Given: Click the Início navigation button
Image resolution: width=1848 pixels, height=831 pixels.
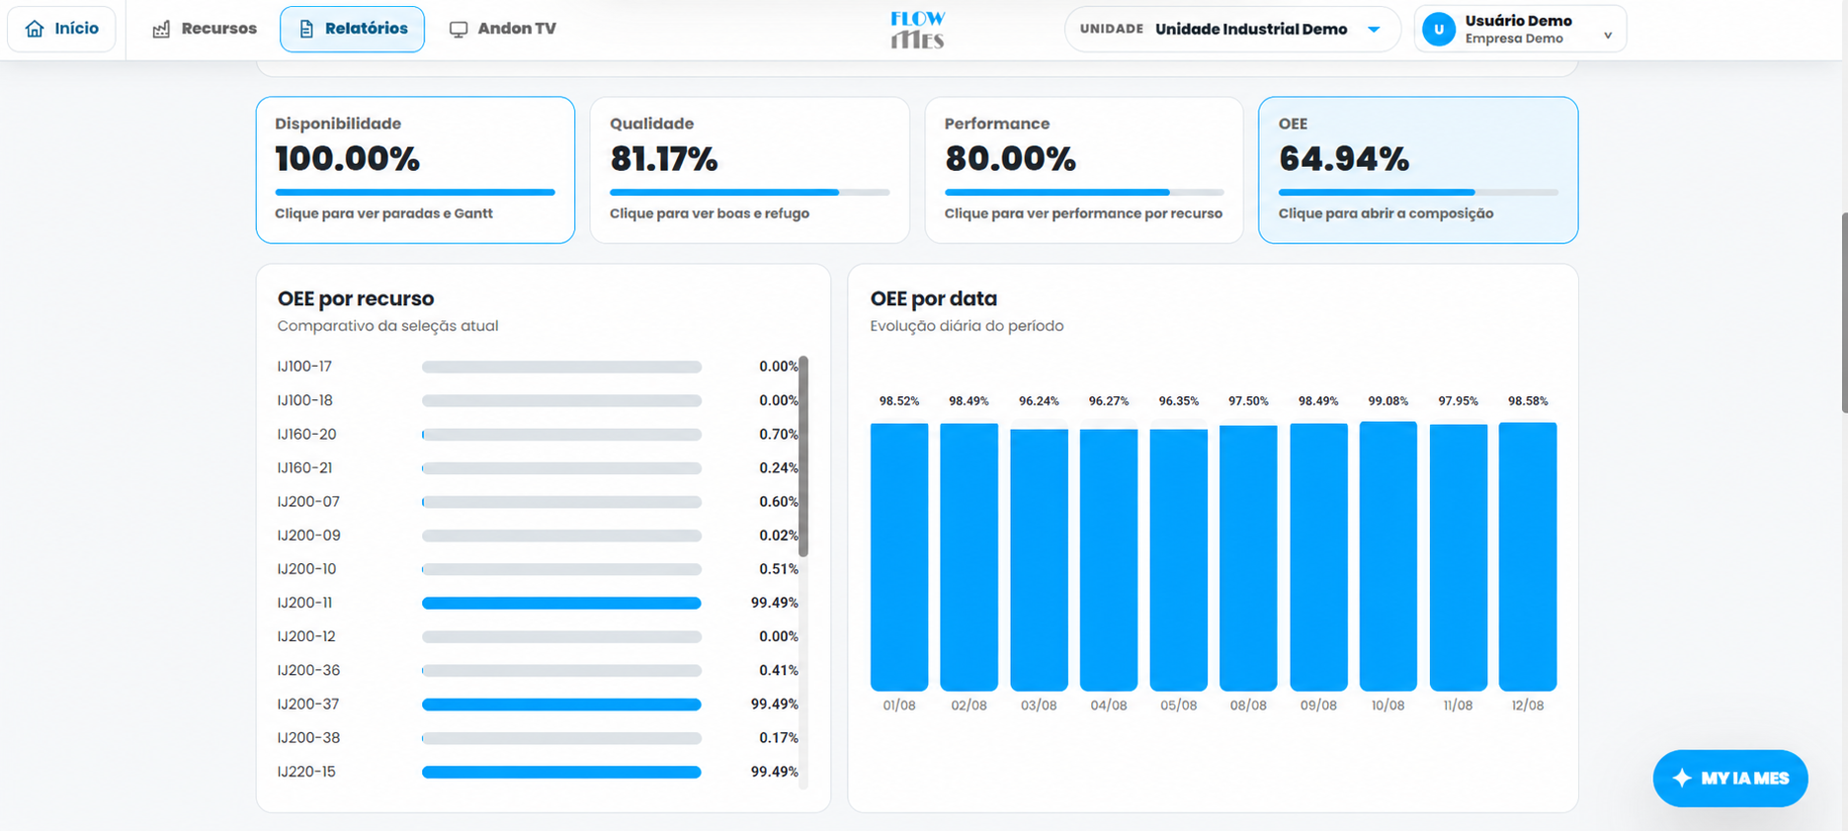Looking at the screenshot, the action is pyautogui.click(x=61, y=29).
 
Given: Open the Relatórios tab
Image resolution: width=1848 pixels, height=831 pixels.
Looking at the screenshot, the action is pyautogui.click(x=352, y=29).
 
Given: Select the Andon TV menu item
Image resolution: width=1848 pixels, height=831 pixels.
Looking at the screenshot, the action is pyautogui.click(x=503, y=29).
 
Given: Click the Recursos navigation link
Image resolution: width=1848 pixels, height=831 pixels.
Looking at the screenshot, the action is pyautogui.click(x=205, y=29).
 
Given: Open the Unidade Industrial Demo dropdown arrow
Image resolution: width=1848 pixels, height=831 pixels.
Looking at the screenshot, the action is pyautogui.click(x=1374, y=30).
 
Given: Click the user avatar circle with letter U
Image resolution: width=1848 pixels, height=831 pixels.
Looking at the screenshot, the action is pyautogui.click(x=1439, y=30).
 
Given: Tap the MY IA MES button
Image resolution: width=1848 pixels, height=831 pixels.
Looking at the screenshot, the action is pyautogui.click(x=1730, y=779).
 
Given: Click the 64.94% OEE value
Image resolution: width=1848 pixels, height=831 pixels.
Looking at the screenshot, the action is pyautogui.click(x=1344, y=158).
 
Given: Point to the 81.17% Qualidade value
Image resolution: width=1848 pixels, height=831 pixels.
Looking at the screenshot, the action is pyautogui.click(x=664, y=158).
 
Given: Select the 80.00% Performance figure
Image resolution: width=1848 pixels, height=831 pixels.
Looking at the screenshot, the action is pyautogui.click(x=1010, y=158).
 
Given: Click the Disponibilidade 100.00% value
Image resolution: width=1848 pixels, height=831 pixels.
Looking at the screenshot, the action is pyautogui.click(x=348, y=158).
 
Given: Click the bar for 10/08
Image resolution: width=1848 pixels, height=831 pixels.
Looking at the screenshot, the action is pyautogui.click(x=1388, y=556).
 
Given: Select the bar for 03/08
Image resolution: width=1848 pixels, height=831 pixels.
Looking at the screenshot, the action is pyautogui.click(x=1039, y=560).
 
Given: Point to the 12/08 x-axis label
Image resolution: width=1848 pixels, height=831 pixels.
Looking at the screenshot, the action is pyautogui.click(x=1528, y=706).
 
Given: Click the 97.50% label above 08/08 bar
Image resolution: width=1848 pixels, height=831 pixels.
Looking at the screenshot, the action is pyautogui.click(x=1248, y=401).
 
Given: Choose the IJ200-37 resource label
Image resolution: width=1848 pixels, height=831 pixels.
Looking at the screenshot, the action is pyautogui.click(x=308, y=705).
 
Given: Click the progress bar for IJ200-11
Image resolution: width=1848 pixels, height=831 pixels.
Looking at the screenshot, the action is pyautogui.click(x=561, y=603).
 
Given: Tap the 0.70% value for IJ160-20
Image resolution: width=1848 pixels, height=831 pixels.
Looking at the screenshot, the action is pyautogui.click(x=779, y=435).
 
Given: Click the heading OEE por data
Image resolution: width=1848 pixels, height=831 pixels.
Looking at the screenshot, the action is pyautogui.click(x=934, y=298).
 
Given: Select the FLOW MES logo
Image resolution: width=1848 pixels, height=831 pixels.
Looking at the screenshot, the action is pyautogui.click(x=917, y=30).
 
